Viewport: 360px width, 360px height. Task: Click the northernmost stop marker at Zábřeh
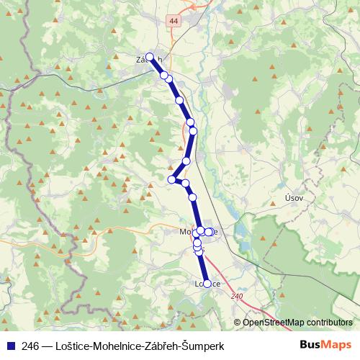coord(150,58)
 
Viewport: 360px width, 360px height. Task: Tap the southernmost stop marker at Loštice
coord(207,284)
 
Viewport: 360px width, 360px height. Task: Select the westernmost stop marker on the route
coord(172,179)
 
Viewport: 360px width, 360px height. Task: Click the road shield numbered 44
coord(173,22)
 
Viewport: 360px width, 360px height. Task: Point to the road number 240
coord(238,296)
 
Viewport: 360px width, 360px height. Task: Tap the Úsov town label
coord(294,197)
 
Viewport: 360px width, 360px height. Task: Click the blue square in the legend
coord(10,346)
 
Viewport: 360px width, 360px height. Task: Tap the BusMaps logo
coord(325,346)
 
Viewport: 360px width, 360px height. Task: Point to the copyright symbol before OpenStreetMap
coord(238,323)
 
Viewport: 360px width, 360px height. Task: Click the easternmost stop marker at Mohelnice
coord(210,231)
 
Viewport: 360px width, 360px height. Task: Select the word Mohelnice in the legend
coord(117,346)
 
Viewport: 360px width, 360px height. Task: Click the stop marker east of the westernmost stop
coord(185,184)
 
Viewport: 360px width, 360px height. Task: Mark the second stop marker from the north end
coord(164,75)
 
